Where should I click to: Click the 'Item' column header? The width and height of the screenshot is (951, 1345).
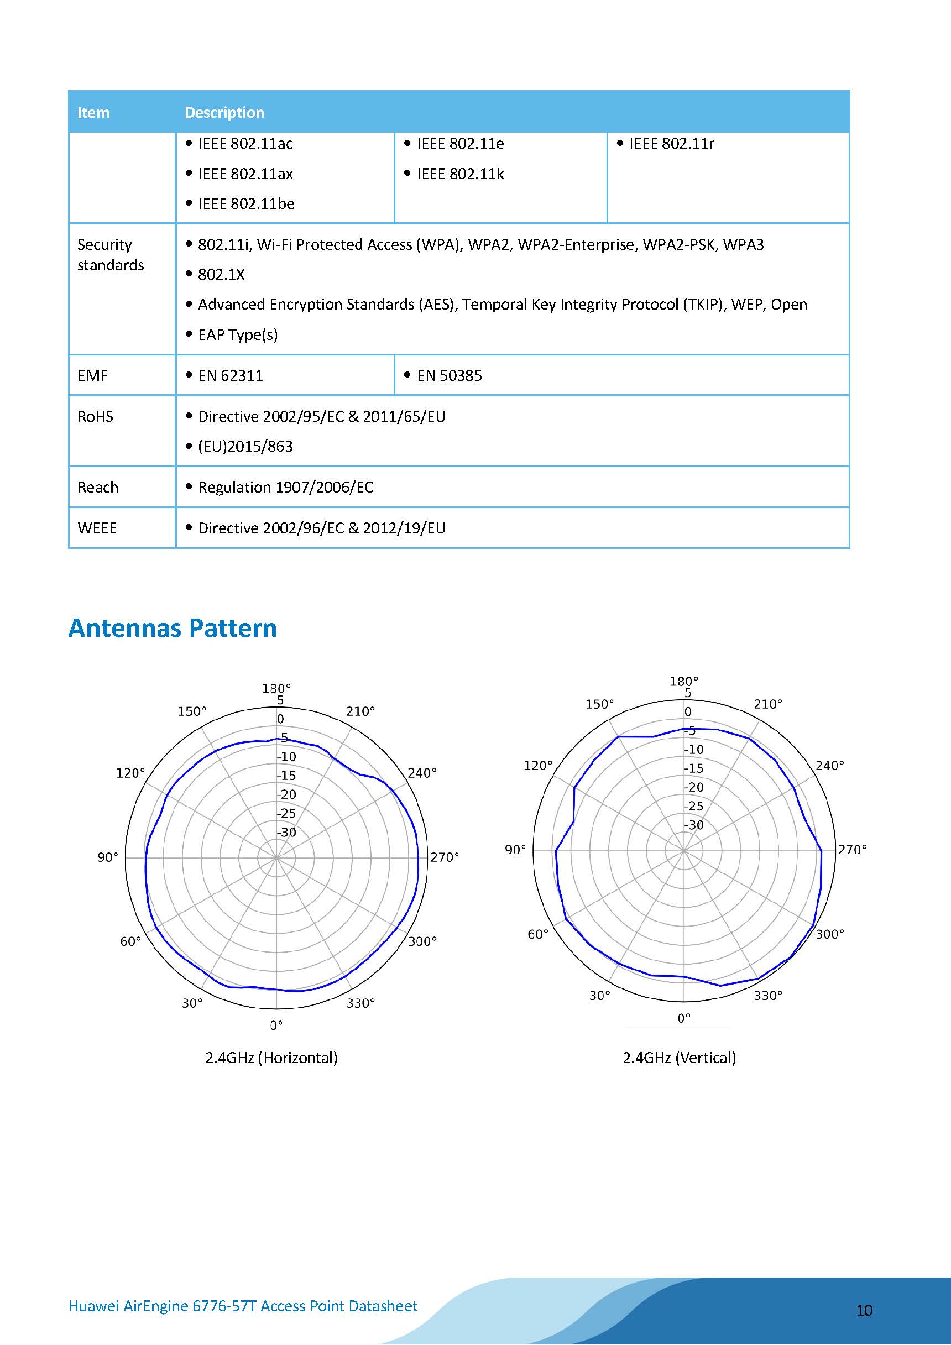point(93,112)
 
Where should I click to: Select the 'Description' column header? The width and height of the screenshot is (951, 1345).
point(224,112)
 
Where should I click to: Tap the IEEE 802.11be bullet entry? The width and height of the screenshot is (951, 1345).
point(245,204)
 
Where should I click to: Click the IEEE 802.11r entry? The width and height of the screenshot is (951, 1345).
point(671,144)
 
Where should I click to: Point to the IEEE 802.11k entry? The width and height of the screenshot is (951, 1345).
point(460,174)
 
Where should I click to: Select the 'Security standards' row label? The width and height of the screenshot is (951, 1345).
point(110,255)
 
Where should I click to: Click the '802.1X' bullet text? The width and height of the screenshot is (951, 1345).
point(221,275)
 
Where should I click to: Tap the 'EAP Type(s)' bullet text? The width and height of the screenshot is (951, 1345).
point(237,334)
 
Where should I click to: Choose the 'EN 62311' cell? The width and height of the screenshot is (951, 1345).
point(230,375)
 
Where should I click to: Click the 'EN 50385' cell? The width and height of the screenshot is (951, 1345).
point(449,375)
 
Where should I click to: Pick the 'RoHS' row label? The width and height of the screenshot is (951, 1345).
point(95,416)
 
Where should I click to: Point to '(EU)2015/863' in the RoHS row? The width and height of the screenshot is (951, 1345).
point(245,446)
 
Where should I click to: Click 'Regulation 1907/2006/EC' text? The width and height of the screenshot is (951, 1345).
point(285,488)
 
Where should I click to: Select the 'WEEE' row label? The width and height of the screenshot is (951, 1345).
point(97,528)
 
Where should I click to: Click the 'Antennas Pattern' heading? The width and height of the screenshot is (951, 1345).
point(173,628)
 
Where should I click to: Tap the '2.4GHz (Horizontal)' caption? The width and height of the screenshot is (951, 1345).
point(271,1058)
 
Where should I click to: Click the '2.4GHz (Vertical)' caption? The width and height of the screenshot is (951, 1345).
point(678,1058)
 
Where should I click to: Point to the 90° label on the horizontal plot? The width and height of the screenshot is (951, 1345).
point(108,857)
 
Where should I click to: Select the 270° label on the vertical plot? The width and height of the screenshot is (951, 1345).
point(851,850)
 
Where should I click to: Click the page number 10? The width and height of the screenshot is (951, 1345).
point(864,1310)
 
